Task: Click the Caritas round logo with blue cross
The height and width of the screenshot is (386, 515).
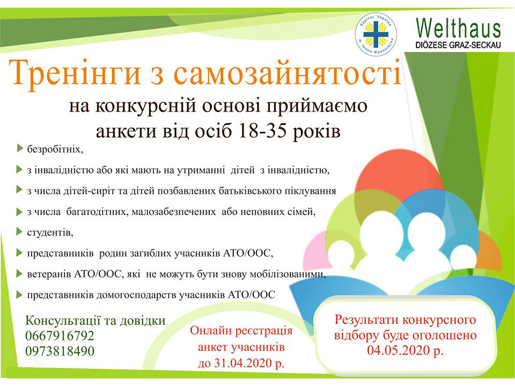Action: (x=376, y=34)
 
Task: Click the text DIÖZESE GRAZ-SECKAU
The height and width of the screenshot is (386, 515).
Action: (x=458, y=45)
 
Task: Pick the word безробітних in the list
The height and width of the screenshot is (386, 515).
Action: (x=55, y=150)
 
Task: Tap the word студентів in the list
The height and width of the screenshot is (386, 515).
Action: (x=50, y=232)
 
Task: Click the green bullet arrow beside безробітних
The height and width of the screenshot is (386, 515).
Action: (x=19, y=149)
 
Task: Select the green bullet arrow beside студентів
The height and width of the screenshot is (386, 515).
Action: (x=19, y=232)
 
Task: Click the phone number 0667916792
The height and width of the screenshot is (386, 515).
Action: (x=60, y=336)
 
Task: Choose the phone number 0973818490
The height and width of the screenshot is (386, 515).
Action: (x=60, y=351)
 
